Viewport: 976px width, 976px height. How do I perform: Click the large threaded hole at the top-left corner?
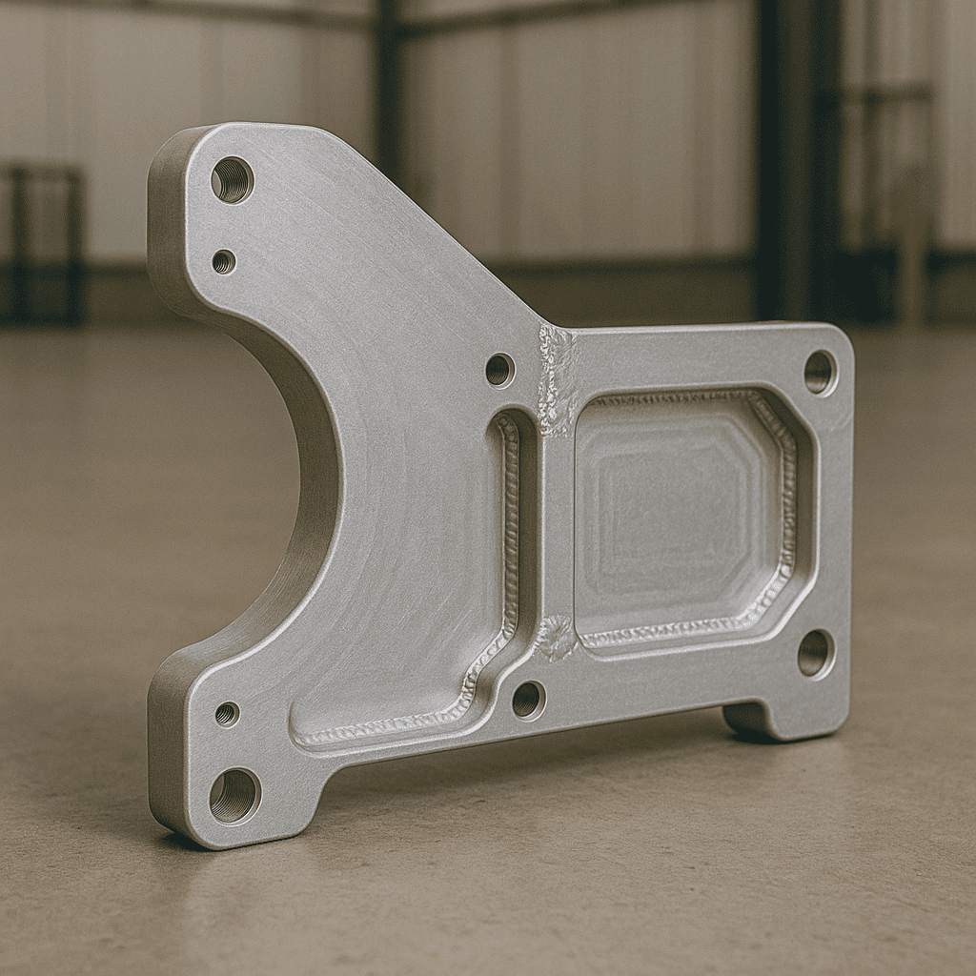(232, 179)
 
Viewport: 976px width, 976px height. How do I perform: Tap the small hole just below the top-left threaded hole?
(224, 261)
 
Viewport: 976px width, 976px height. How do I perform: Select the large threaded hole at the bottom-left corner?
(234, 795)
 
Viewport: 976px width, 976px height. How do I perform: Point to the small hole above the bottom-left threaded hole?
(227, 714)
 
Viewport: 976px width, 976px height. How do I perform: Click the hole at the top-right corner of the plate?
(819, 372)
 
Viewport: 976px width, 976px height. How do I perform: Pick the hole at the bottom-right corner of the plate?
(814, 653)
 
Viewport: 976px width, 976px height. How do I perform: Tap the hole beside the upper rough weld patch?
(499, 370)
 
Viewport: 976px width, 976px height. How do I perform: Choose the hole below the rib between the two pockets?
(527, 701)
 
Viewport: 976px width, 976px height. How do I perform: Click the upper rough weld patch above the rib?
(558, 376)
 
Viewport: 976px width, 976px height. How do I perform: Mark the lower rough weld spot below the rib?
(555, 637)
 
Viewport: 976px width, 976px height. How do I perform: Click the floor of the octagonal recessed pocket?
(672, 515)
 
